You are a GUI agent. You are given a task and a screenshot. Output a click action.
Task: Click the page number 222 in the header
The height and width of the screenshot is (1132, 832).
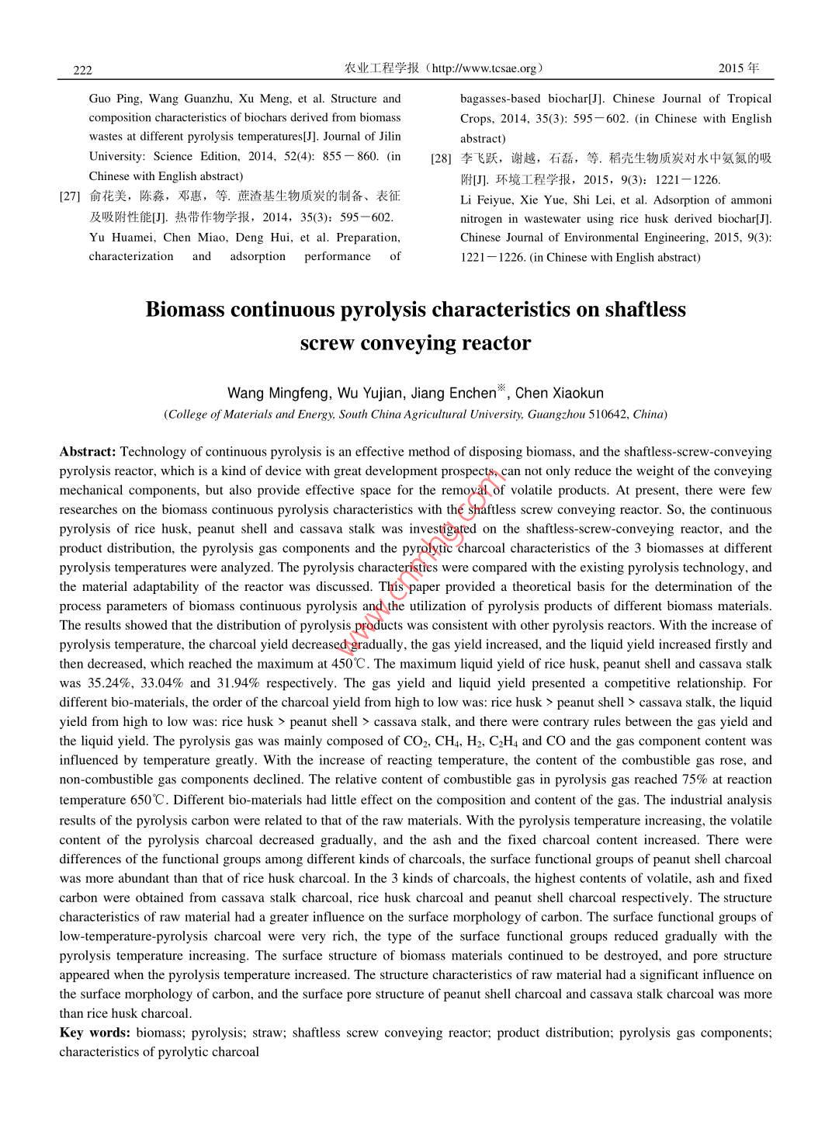pos(82,70)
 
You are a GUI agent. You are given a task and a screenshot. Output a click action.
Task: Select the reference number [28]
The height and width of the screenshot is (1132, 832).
pos(441,159)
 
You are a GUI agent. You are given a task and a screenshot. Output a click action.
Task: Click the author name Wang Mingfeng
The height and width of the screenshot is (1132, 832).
pos(278,394)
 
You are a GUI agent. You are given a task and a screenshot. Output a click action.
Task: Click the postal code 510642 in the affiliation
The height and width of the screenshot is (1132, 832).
pos(608,415)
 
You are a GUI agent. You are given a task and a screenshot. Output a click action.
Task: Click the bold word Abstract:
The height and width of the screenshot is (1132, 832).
pos(88,452)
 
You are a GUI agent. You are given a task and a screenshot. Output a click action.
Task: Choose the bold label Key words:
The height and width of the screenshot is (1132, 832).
pos(95,1033)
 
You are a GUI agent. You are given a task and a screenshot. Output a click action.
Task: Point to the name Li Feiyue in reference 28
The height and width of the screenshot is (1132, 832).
pos(487,200)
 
